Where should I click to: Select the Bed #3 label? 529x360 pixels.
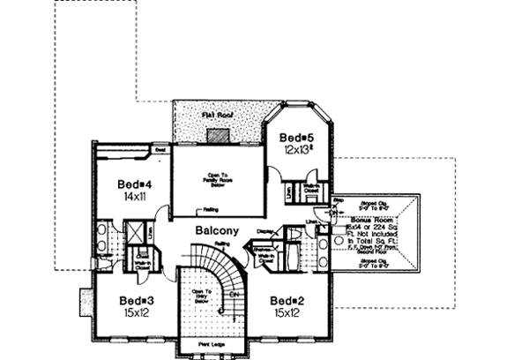(137, 299)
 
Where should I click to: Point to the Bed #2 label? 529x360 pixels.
(288, 299)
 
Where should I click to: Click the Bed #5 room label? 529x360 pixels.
(292, 138)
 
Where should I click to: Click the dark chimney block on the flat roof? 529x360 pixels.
(218, 134)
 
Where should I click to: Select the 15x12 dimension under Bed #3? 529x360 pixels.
(137, 311)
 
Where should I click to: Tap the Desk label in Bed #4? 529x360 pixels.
(161, 151)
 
